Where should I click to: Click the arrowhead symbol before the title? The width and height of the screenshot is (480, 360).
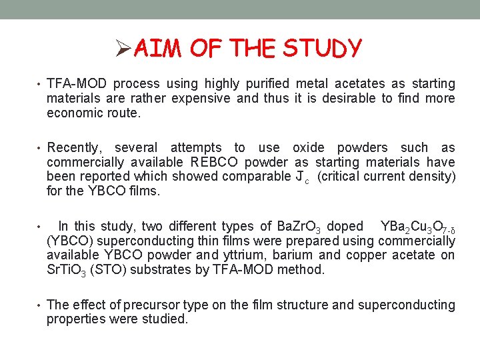pos(123,49)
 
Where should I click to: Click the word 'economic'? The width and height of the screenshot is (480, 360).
pos(75,113)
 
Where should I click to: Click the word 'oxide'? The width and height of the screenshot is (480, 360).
pos(311,148)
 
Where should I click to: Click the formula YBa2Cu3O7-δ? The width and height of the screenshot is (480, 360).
pos(417,227)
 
